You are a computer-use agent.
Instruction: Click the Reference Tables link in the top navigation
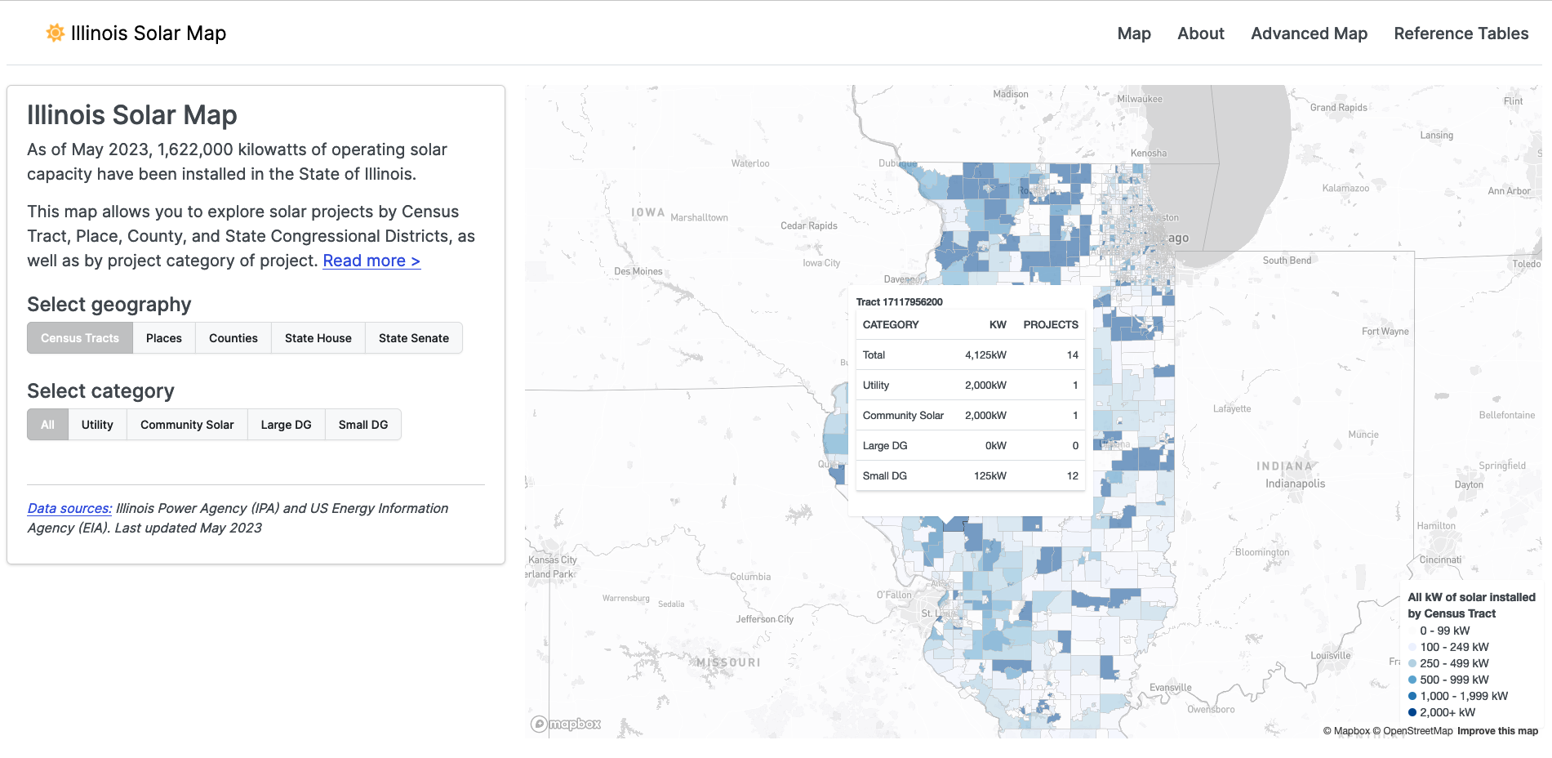tap(1461, 33)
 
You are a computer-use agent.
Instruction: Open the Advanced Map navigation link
tap(1309, 33)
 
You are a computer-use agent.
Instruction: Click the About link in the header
tap(1200, 33)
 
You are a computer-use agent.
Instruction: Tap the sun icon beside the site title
tap(55, 33)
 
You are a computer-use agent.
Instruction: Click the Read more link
tap(371, 261)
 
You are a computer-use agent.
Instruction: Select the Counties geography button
tap(233, 338)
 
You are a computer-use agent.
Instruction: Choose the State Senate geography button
tap(413, 338)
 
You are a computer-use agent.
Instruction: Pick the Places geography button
tap(164, 338)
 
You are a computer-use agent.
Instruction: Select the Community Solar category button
tap(187, 425)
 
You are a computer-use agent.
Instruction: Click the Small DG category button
tap(362, 425)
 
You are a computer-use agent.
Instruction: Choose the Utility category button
tap(97, 425)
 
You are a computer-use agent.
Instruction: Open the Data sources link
tap(69, 508)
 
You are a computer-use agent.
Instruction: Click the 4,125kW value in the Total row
tap(985, 355)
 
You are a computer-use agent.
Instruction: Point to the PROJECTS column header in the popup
tap(1050, 325)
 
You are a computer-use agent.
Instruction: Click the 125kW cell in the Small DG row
tap(989, 476)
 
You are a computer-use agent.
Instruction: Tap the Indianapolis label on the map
tap(1295, 484)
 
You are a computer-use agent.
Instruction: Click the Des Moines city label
tap(638, 271)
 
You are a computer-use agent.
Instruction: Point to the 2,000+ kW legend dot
tap(1412, 712)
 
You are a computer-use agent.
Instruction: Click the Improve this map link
tap(1497, 731)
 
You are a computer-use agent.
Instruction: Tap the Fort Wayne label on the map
tap(1385, 332)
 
